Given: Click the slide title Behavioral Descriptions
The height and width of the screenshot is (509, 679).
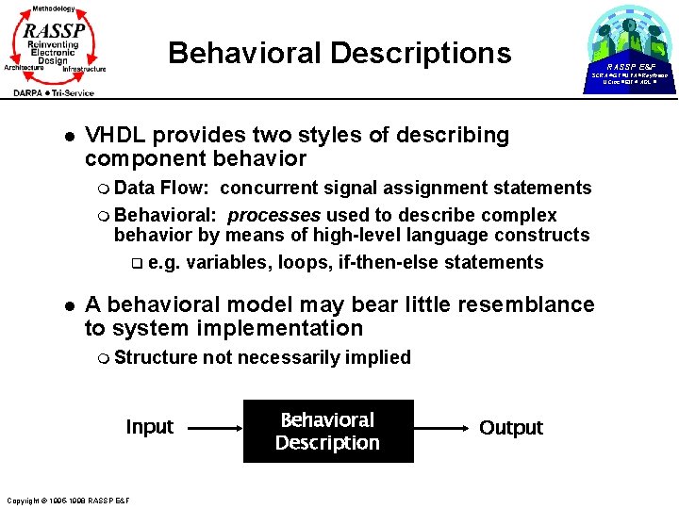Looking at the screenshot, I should pyautogui.click(x=339, y=53).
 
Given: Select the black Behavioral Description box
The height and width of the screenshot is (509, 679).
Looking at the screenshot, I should pyautogui.click(x=328, y=432).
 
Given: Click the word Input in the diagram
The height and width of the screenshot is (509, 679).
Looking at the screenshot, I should pyautogui.click(x=149, y=427).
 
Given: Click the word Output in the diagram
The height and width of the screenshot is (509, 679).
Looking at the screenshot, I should pyautogui.click(x=510, y=428).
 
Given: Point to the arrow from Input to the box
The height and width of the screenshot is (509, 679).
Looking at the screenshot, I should pyautogui.click(x=209, y=428).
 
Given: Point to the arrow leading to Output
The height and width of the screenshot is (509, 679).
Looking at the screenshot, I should pyautogui.click(x=444, y=428).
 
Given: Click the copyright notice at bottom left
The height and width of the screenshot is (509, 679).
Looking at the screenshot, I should pyautogui.click(x=67, y=500).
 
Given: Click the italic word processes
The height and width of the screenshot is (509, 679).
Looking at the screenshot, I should pyautogui.click(x=274, y=215).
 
